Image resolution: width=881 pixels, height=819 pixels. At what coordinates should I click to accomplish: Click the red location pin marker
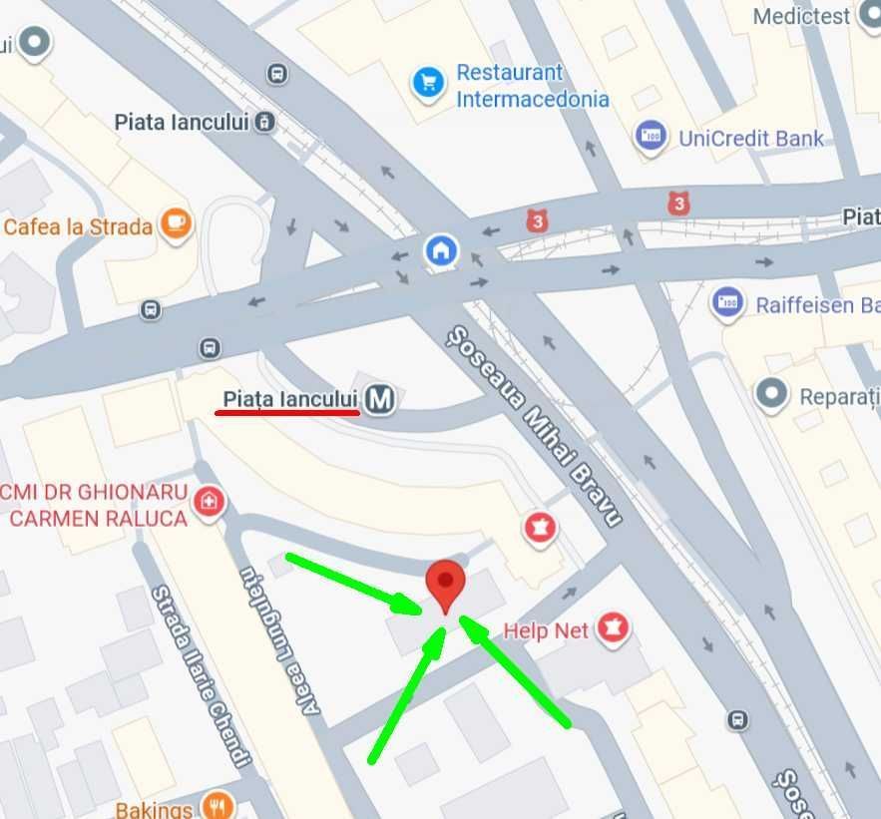[445, 583]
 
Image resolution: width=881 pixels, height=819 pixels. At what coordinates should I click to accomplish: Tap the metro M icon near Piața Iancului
[379, 400]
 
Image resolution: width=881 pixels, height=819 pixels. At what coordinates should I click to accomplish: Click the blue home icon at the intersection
[440, 250]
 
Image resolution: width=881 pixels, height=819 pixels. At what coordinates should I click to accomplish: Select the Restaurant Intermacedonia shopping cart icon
[428, 82]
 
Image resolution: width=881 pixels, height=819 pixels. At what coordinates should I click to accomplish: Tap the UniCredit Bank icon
[651, 136]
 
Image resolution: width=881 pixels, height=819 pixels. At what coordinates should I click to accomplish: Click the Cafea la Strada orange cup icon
[178, 224]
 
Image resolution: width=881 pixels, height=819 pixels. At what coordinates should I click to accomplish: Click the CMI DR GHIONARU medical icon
[209, 501]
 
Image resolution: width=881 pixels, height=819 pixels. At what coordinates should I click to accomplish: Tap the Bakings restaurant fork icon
[217, 805]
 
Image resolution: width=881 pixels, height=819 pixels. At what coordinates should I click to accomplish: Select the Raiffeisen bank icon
[727, 303]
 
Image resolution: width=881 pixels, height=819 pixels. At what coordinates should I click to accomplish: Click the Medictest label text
[801, 16]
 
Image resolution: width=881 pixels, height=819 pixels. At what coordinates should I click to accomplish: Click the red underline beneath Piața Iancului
[287, 411]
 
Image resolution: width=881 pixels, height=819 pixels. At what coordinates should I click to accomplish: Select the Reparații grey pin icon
[772, 394]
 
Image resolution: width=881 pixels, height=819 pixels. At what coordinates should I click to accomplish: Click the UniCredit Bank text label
[751, 138]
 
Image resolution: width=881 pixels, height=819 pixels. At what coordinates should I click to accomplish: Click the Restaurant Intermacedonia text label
[532, 86]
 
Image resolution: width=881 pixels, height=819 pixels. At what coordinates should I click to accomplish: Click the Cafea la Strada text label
[78, 226]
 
